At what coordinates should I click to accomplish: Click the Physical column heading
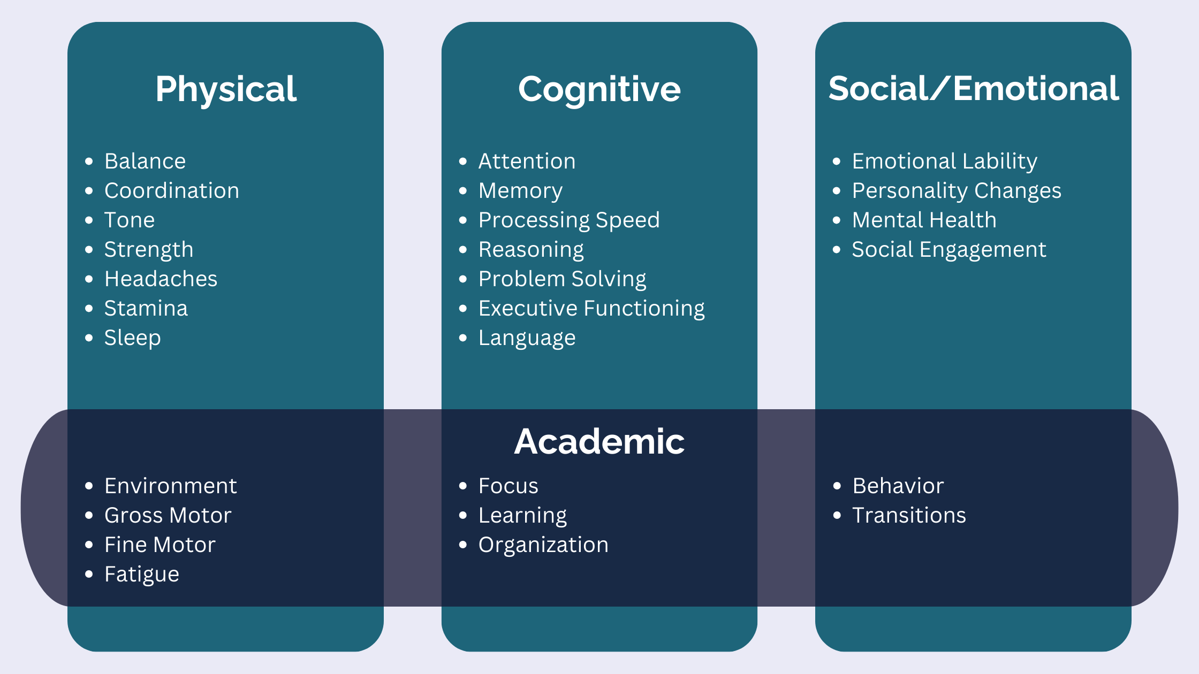coord(226,89)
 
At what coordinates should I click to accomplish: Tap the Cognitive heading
coord(599,89)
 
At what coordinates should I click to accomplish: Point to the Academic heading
coord(599,441)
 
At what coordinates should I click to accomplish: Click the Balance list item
coord(145,161)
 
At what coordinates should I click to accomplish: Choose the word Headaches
coord(161,279)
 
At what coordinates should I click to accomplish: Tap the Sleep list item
coord(132,338)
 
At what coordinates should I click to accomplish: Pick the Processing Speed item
coord(569,220)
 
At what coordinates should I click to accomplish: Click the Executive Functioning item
coord(591,309)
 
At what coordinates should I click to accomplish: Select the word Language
coord(527,338)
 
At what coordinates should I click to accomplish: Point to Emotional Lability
coord(944,161)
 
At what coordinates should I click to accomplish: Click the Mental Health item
coord(924,220)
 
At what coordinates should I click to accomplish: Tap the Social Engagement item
coord(948,250)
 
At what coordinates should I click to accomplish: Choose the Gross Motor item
coord(168,515)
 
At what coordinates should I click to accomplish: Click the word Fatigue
coord(142,575)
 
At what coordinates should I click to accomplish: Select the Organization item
coord(543,545)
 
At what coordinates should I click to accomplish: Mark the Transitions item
coord(909,515)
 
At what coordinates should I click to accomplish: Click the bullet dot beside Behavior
coord(837,486)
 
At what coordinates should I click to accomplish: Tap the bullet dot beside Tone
coord(89,220)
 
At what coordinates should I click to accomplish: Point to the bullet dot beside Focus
coord(463,486)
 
